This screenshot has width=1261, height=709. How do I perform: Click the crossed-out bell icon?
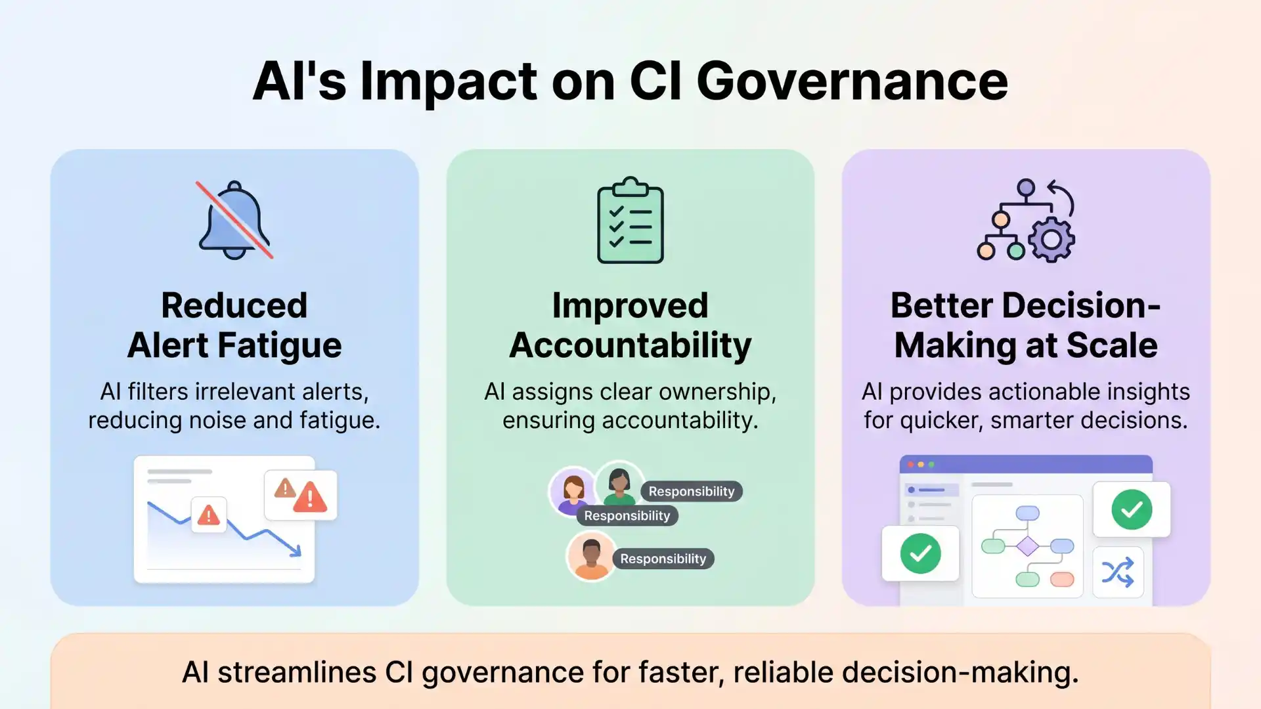click(234, 221)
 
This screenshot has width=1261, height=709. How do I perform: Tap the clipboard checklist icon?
click(630, 221)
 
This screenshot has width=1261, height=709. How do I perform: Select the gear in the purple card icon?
click(1051, 240)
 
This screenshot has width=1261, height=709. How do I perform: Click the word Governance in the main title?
click(852, 81)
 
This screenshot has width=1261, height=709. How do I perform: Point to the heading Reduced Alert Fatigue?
click(234, 325)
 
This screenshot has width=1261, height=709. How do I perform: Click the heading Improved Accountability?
click(630, 325)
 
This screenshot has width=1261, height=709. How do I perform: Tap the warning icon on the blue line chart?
click(209, 515)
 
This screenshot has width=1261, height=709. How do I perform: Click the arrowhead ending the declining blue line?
click(296, 551)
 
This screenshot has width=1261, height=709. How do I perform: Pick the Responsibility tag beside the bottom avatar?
click(663, 559)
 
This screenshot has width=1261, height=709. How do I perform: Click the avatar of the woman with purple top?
click(573, 490)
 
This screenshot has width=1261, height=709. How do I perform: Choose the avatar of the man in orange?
click(591, 555)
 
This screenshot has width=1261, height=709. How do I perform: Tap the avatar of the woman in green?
click(619, 484)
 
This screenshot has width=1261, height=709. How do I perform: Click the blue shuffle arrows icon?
click(1118, 572)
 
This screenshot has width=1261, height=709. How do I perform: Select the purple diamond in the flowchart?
click(1027, 546)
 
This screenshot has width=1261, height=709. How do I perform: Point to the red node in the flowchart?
click(1062, 579)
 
